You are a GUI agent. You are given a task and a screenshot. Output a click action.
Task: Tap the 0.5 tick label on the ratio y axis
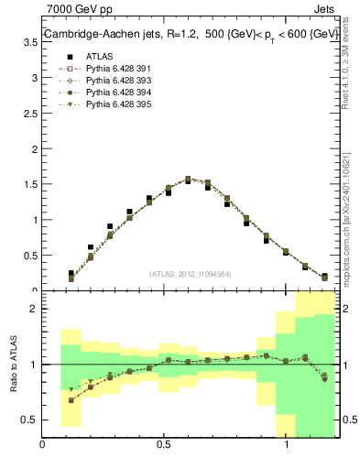coord(30,420)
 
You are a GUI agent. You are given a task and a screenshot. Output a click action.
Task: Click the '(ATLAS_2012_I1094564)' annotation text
coord(191,273)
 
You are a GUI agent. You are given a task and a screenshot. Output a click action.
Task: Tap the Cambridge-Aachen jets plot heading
coord(189,35)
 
